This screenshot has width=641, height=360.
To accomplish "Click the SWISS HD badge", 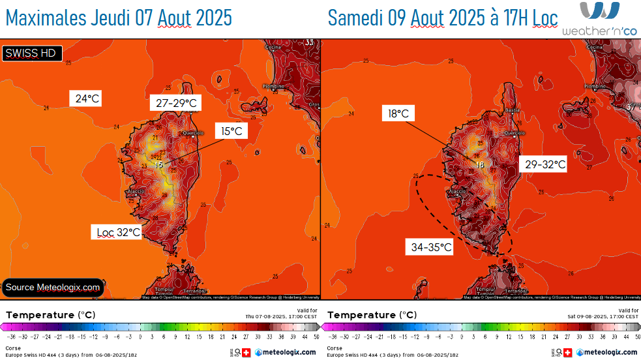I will pyautogui.click(x=32, y=53).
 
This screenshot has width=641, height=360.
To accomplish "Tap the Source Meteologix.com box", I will pyautogui.click(x=53, y=287).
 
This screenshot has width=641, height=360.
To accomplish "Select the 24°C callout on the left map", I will pyautogui.click(x=87, y=99).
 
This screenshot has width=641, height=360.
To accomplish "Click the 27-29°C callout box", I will pyautogui.click(x=176, y=103).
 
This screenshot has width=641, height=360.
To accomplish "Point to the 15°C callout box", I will pyautogui.click(x=231, y=131).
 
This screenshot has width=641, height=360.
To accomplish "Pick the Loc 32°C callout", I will pyautogui.click(x=119, y=232).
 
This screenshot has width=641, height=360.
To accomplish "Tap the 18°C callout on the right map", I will pyautogui.click(x=398, y=114).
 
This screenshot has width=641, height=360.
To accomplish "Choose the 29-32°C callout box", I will pyautogui.click(x=545, y=165).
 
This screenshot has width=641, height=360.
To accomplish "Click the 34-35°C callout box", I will pyautogui.click(x=431, y=247).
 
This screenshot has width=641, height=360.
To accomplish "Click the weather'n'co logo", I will pyautogui.click(x=599, y=19).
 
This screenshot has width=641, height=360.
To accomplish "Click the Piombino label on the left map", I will pyautogui.click(x=273, y=86).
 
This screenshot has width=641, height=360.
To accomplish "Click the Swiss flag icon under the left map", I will pyautogui.click(x=246, y=352).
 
